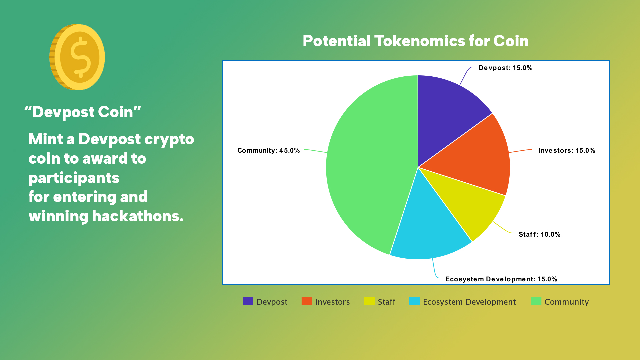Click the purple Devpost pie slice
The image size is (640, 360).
pos(448,113)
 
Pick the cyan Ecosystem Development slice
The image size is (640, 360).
pos(430,230)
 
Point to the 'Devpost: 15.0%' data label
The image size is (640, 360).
pos(505,68)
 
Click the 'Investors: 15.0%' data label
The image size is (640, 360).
pos(567,150)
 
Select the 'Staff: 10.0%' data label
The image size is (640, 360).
pos(539,234)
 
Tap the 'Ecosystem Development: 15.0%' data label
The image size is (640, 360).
pos(501,279)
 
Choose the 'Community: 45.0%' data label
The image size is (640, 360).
pos(268,150)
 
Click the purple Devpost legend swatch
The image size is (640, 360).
pos(248,301)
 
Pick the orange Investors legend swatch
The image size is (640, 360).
pos(307,301)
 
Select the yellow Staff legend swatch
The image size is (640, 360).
pos(369,301)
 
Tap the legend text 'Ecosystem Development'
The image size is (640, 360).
pos(469,302)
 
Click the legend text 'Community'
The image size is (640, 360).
pos(567,302)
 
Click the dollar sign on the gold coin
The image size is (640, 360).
pos(80,57)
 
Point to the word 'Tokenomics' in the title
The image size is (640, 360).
pos(420,41)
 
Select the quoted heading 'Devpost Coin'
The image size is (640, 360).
pos(83,112)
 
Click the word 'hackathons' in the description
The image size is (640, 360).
pos(138,216)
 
